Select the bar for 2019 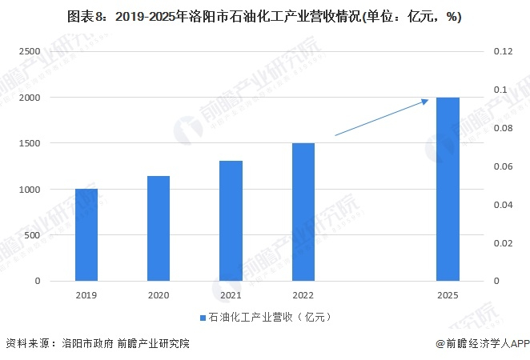click(x=86, y=235)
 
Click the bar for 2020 click(x=159, y=229)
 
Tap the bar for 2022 click(x=303, y=212)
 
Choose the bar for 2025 click(x=448, y=190)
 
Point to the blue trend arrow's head click(x=426, y=100)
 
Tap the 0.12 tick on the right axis click(x=502, y=51)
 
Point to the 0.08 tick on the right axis click(x=502, y=128)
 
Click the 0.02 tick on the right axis click(x=502, y=243)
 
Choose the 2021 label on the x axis click(x=231, y=294)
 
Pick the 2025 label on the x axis click(x=448, y=294)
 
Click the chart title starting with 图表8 click(x=264, y=16)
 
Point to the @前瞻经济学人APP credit click(x=478, y=343)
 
